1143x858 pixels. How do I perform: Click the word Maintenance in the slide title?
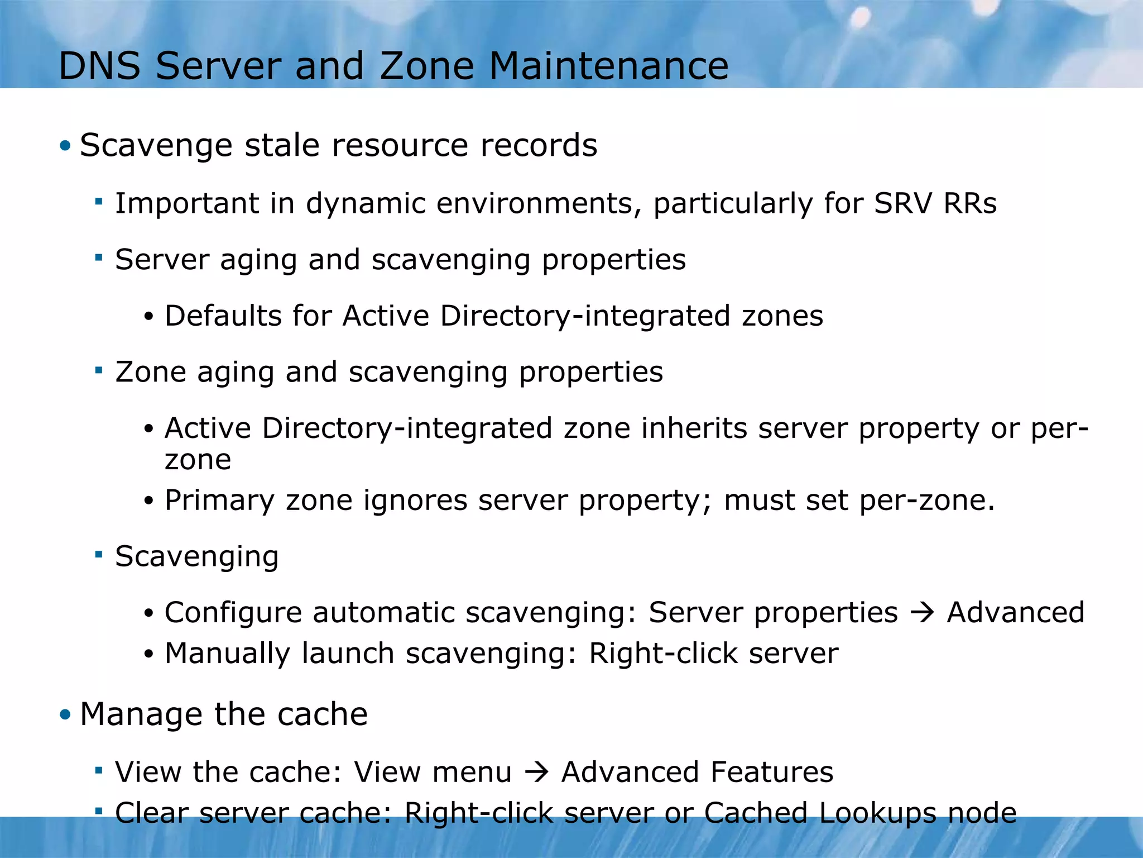tap(609, 66)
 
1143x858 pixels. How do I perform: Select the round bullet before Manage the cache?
tap(66, 714)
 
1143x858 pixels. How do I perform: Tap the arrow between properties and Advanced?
tap(922, 613)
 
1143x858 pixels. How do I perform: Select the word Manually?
tap(227, 654)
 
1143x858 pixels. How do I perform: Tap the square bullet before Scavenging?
tap(99, 555)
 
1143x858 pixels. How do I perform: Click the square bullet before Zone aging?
tap(99, 370)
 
